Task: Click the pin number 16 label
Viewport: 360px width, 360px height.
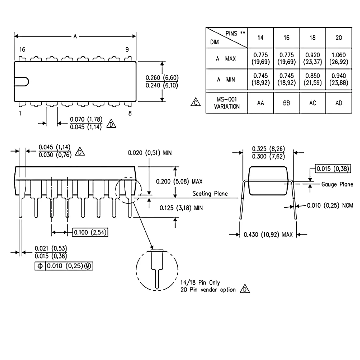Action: [22, 50]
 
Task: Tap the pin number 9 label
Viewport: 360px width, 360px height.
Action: [127, 50]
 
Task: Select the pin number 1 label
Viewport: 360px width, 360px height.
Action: [20, 113]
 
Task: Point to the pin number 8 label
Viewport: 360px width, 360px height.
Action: [130, 113]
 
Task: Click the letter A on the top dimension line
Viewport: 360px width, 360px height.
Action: [75, 36]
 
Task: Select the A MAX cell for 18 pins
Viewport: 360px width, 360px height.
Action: [312, 58]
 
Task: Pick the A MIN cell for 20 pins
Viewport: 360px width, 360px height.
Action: [338, 79]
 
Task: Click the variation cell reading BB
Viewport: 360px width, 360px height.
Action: [286, 103]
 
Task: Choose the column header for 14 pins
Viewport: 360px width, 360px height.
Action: [261, 37]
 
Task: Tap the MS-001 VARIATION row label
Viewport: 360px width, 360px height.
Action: [226, 103]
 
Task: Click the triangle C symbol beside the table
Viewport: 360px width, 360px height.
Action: [195, 103]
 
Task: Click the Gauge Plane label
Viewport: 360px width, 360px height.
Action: [337, 184]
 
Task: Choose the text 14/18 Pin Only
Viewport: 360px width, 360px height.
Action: [200, 283]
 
